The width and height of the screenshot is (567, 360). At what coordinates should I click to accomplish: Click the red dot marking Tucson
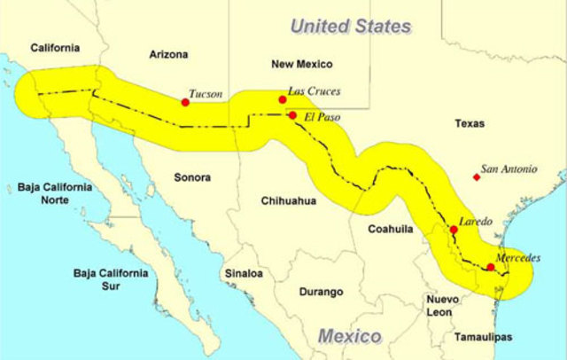point(185,102)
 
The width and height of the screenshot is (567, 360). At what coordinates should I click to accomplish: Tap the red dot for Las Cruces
point(282,99)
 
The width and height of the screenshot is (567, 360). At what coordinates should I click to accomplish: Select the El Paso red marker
point(292,115)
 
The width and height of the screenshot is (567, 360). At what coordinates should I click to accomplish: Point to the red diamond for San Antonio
point(477,177)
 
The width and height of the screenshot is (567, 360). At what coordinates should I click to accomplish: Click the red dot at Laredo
point(454,230)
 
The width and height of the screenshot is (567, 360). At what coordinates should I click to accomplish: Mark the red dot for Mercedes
point(491,267)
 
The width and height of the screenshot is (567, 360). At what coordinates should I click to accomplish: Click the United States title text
point(351,26)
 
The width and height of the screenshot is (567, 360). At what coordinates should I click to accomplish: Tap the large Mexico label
point(349,337)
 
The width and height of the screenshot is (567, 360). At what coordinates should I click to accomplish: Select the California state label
point(55,48)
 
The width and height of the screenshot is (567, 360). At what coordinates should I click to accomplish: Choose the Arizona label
point(168,55)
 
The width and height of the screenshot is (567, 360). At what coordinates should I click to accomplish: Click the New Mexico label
point(301,64)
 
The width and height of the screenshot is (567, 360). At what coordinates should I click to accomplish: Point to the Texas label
point(470,123)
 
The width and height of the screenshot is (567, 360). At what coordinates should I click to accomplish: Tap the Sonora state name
point(192,177)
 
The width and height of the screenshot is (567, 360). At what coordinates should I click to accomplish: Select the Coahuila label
point(391,229)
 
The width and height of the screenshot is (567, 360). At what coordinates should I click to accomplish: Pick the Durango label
point(320,292)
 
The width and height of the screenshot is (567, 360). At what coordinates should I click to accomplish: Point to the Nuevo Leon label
point(442,306)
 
